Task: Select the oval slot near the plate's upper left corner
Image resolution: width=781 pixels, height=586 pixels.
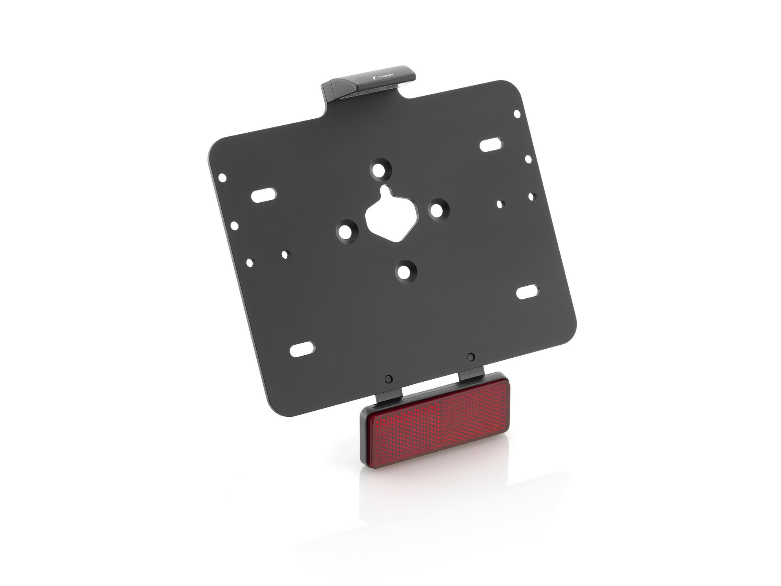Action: click(x=264, y=195)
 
